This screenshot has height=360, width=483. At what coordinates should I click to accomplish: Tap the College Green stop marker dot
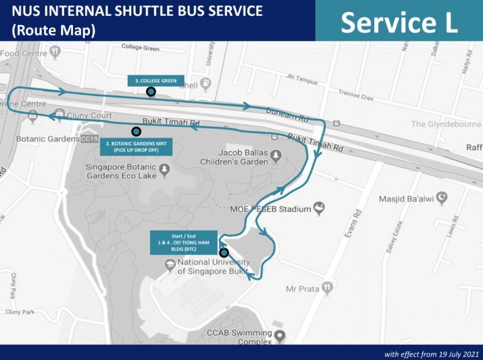click(x=151, y=92)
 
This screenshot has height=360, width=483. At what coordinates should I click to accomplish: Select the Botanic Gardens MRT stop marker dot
click(x=136, y=131)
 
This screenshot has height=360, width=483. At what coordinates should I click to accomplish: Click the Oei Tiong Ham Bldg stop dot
click(x=224, y=253)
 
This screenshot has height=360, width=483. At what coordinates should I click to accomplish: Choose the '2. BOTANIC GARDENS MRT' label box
click(x=136, y=147)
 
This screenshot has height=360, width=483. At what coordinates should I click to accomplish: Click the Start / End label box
click(x=183, y=243)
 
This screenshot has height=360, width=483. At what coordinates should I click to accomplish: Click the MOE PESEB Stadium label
click(x=270, y=209)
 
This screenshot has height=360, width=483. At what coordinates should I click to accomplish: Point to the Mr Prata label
click(x=303, y=289)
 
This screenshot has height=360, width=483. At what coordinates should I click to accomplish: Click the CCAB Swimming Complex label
click(x=239, y=337)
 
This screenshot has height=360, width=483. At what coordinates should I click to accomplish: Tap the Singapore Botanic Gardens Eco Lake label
click(x=122, y=173)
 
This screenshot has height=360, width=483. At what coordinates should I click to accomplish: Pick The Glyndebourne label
click(x=445, y=124)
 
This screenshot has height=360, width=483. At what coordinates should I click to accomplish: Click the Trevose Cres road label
click(x=355, y=95)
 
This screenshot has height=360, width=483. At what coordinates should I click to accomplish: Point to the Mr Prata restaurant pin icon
click(x=326, y=288)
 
